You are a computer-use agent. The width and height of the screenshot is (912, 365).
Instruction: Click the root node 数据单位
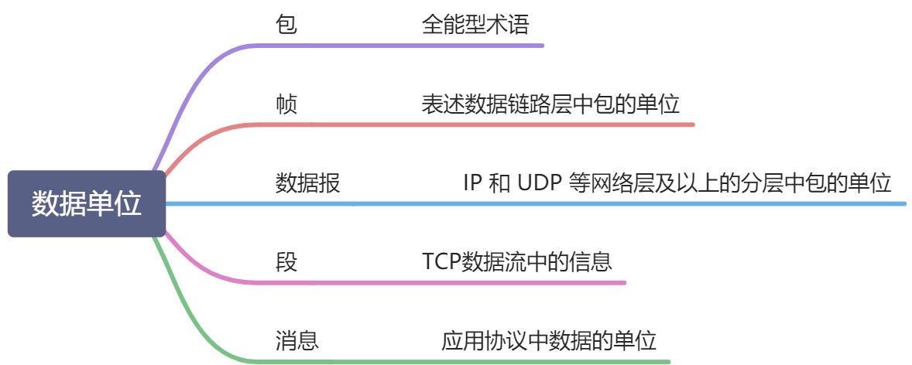(x=87, y=204)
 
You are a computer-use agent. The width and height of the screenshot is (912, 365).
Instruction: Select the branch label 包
(x=286, y=25)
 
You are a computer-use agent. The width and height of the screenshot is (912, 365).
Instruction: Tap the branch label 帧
(x=286, y=104)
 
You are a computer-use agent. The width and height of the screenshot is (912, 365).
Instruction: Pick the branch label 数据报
(x=307, y=184)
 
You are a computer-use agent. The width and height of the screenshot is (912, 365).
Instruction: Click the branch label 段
(x=286, y=262)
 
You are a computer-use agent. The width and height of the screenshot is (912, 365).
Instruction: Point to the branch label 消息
(x=297, y=341)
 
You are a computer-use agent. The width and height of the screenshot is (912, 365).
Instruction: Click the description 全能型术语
(x=475, y=25)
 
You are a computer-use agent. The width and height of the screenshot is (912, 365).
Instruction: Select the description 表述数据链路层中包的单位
(x=550, y=104)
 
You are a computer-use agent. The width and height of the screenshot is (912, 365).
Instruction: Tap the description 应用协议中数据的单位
(x=549, y=341)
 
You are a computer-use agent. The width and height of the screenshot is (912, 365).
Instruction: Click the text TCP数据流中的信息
(x=517, y=262)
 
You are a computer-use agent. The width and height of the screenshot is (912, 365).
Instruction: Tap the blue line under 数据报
(x=542, y=204)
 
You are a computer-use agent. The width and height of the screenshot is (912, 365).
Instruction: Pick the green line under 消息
(x=465, y=361)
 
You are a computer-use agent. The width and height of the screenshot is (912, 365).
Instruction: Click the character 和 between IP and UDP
(x=499, y=184)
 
